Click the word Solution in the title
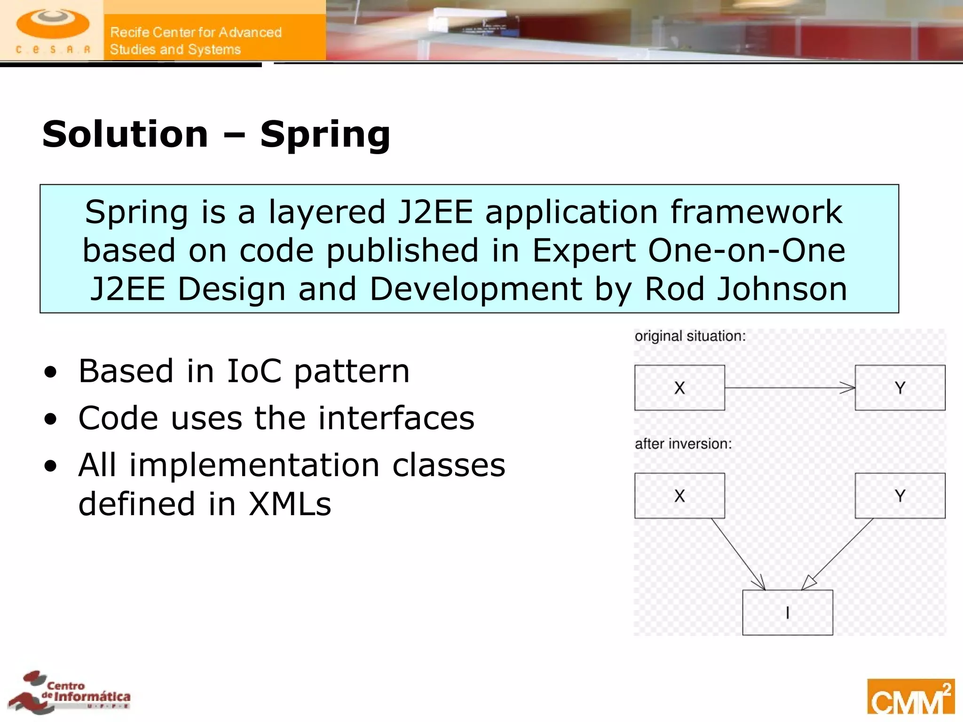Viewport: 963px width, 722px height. click(x=125, y=134)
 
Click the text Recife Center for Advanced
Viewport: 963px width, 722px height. click(x=196, y=32)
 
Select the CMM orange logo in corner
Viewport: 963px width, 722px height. click(x=910, y=697)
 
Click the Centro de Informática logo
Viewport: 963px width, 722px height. click(x=71, y=693)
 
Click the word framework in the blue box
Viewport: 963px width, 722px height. click(x=756, y=212)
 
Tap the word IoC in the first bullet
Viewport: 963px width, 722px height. click(x=254, y=371)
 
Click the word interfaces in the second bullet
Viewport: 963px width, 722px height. click(x=396, y=418)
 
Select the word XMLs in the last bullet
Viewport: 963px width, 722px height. click(x=290, y=504)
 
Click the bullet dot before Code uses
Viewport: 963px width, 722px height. click(x=51, y=418)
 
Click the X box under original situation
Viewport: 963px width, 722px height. click(x=679, y=388)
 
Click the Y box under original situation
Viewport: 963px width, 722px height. click(x=900, y=388)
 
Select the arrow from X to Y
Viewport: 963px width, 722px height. click(x=789, y=388)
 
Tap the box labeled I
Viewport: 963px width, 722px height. click(x=788, y=612)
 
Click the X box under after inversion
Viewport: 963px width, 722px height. click(x=679, y=495)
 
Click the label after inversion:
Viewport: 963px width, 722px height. click(x=683, y=444)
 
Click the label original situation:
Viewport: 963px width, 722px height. click(x=690, y=336)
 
